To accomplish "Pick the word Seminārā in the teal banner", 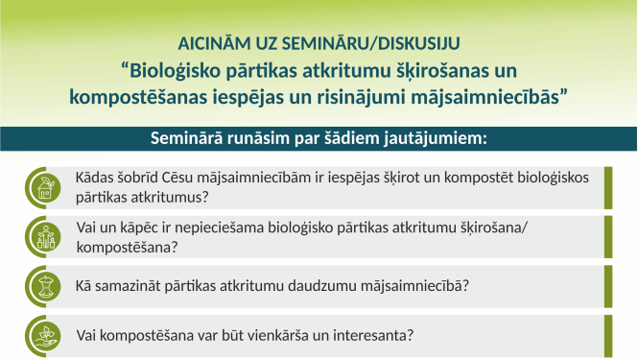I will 189,137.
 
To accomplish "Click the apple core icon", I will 42,285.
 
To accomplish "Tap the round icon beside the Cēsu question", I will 42,186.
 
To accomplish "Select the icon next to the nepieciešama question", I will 42,236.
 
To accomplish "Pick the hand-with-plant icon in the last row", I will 42,336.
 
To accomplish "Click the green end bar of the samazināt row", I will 608,285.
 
